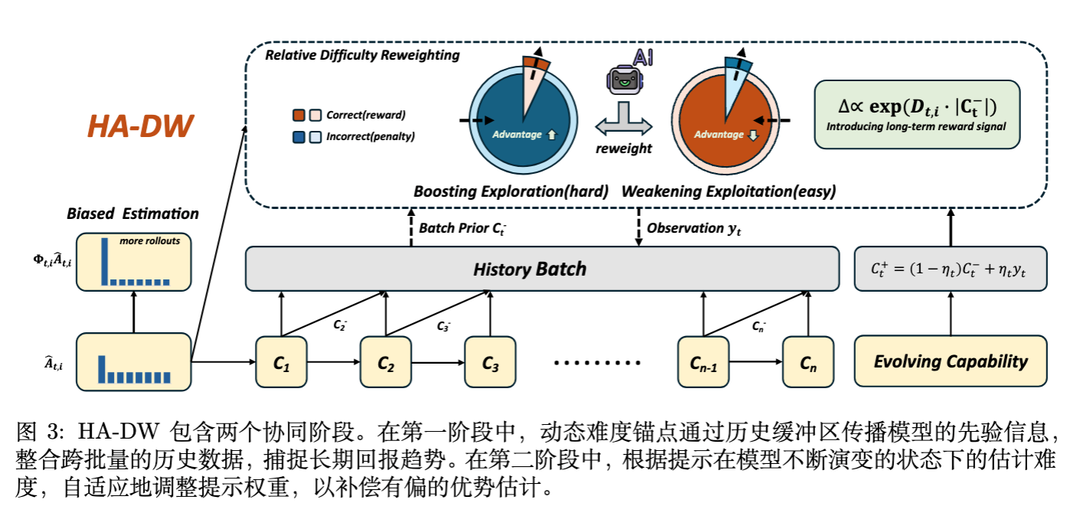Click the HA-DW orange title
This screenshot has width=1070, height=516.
(140, 126)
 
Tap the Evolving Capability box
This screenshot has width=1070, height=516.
(950, 361)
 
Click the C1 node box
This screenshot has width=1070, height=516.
(282, 361)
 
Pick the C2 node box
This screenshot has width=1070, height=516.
(386, 361)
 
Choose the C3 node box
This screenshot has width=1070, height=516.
(491, 361)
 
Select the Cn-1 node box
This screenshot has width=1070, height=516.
(703, 361)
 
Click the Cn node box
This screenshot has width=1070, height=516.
(808, 361)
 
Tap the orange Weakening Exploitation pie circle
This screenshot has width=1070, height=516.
(724, 122)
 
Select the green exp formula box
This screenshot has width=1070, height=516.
(917, 114)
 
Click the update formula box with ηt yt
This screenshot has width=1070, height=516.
(950, 269)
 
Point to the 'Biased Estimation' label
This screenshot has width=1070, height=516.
(132, 214)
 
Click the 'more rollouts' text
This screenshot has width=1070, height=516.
(149, 241)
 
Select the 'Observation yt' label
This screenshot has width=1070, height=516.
(693, 227)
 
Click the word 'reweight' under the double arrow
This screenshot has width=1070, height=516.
(624, 149)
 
